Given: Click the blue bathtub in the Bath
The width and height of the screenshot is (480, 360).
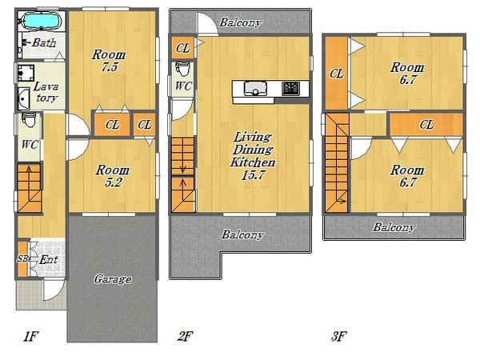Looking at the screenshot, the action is [x=42, y=21].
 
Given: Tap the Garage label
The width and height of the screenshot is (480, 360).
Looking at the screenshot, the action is [x=113, y=279].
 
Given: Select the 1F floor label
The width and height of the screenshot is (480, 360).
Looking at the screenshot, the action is [x=30, y=337].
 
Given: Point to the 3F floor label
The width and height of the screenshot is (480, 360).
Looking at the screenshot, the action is [x=339, y=337].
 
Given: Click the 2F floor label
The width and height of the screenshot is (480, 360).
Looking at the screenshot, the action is [x=186, y=337].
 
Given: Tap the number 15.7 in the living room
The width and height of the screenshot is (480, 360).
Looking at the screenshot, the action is [x=253, y=175].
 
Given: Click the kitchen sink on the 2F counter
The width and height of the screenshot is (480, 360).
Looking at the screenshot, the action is [x=255, y=88].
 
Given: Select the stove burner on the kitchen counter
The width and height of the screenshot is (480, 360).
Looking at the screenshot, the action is [x=290, y=88].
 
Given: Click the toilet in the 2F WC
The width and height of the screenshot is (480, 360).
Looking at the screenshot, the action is [x=184, y=69].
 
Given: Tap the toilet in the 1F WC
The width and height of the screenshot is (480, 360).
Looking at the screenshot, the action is [x=30, y=120].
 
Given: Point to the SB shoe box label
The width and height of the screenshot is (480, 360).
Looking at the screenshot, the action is [x=22, y=258].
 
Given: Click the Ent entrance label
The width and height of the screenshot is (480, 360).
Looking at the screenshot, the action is [x=49, y=260].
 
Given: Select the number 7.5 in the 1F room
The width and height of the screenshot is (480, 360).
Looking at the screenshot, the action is [x=110, y=67].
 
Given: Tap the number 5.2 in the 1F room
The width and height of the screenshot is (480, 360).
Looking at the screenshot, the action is [x=113, y=182].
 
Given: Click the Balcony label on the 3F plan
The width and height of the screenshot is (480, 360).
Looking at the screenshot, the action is [x=394, y=227].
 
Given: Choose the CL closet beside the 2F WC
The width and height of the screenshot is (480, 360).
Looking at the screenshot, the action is [x=182, y=48].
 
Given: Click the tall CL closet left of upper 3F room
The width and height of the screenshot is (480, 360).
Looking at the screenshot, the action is [x=337, y=74].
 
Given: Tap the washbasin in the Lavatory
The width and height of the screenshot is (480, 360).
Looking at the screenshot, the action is [x=23, y=98].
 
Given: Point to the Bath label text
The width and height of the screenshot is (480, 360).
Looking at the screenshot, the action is [x=44, y=42].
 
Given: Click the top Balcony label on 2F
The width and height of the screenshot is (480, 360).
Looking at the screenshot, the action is [x=241, y=22].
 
